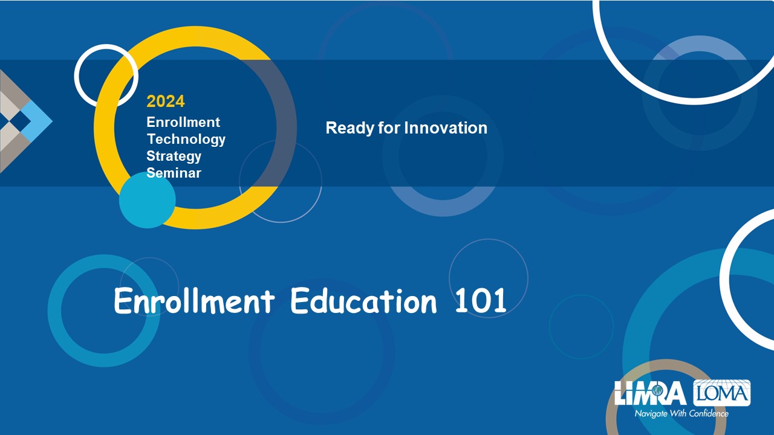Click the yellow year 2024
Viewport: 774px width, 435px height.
pyautogui.click(x=166, y=101)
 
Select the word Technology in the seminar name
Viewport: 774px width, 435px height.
pyautogui.click(x=186, y=140)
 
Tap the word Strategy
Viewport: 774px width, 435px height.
pyautogui.click(x=174, y=156)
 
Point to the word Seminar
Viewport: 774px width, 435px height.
pyautogui.click(x=174, y=173)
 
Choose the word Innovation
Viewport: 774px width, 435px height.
pyautogui.click(x=446, y=127)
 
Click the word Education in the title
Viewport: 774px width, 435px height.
pyautogui.click(x=363, y=301)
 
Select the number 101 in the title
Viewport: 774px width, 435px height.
pyautogui.click(x=481, y=301)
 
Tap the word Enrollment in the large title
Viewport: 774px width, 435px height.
pyautogui.click(x=194, y=301)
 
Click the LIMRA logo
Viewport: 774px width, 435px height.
pyautogui.click(x=650, y=393)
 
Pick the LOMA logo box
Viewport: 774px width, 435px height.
pyautogui.click(x=722, y=393)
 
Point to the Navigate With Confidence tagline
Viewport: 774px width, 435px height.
pyautogui.click(x=681, y=413)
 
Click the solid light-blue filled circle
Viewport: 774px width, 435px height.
pyautogui.click(x=148, y=200)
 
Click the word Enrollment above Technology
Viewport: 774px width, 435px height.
pyautogui.click(x=183, y=122)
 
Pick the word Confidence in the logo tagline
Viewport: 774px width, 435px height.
pyautogui.click(x=709, y=413)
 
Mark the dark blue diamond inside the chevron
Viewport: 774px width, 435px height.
pyautogui.click(x=21, y=121)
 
